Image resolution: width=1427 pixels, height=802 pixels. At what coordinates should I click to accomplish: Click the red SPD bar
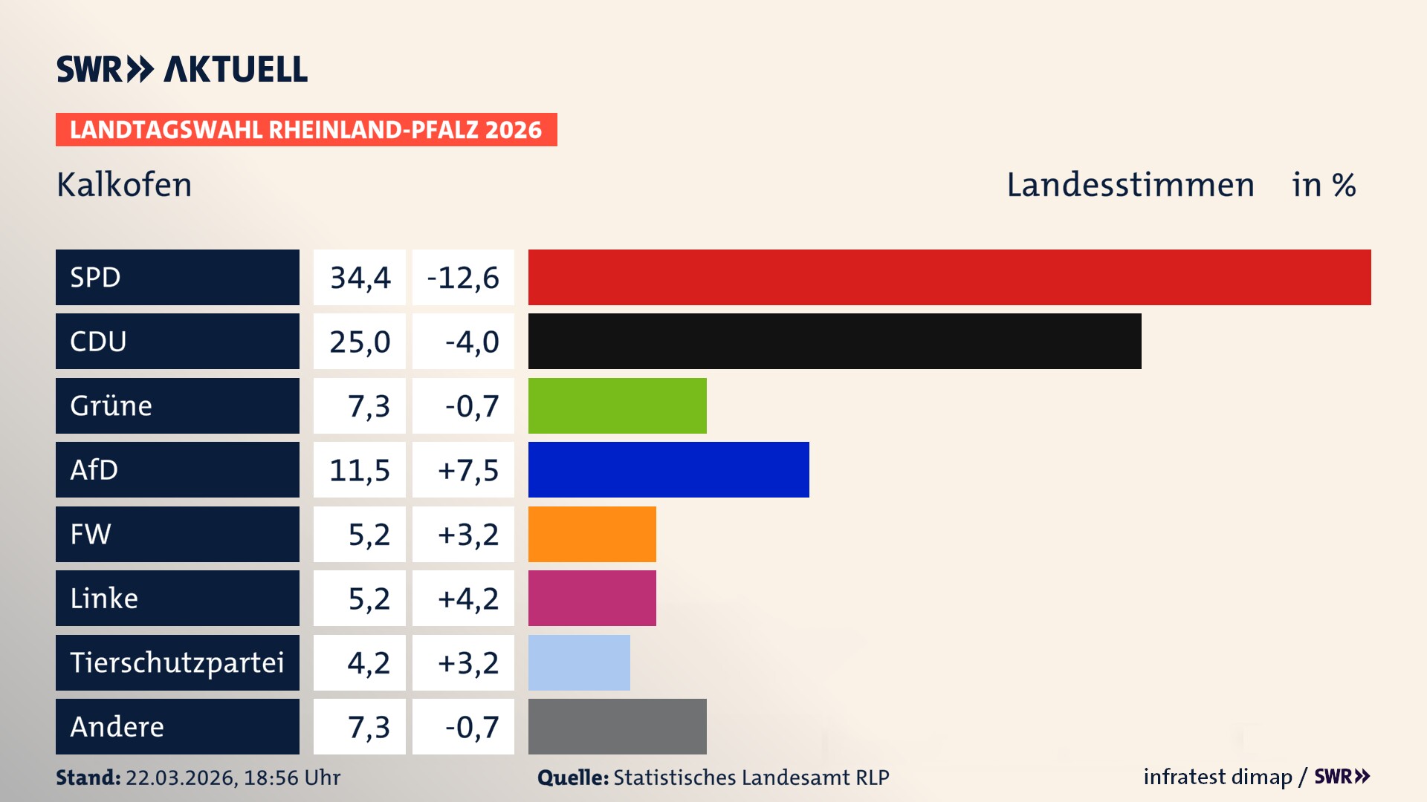tap(949, 277)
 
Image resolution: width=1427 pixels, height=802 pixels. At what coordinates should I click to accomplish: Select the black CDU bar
tap(834, 341)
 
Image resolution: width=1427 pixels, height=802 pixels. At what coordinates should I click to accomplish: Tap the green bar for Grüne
tap(617, 405)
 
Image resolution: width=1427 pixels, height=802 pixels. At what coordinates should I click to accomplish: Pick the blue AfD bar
tap(668, 469)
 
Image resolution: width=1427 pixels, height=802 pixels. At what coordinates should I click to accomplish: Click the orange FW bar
tap(592, 534)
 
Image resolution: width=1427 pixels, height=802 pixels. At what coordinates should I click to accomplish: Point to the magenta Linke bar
tap(592, 598)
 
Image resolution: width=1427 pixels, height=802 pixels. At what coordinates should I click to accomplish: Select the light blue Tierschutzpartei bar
tap(579, 662)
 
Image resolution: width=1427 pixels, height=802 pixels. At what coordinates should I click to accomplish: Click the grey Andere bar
tap(617, 726)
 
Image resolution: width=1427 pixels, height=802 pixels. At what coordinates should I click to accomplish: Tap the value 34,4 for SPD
tap(360, 278)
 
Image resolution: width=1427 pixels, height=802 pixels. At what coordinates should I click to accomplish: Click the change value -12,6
tap(463, 278)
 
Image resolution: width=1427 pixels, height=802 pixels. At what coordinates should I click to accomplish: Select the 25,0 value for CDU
tap(360, 342)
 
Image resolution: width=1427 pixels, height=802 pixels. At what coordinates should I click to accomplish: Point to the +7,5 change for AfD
tap(467, 470)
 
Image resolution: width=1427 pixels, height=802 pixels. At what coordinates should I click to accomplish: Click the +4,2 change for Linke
tap(467, 599)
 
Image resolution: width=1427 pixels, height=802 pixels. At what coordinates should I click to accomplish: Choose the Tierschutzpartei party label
tap(177, 662)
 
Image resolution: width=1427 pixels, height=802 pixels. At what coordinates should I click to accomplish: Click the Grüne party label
tap(111, 405)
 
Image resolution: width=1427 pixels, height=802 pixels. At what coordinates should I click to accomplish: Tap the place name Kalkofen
tap(124, 185)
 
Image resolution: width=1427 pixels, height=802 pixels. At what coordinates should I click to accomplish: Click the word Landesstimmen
tap(1130, 185)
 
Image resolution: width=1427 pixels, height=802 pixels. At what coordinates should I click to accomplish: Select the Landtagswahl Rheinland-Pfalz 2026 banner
tap(305, 130)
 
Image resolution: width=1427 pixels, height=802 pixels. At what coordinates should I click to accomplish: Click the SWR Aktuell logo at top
tap(181, 69)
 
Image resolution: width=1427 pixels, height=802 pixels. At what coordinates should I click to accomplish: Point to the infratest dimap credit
tap(1217, 777)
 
